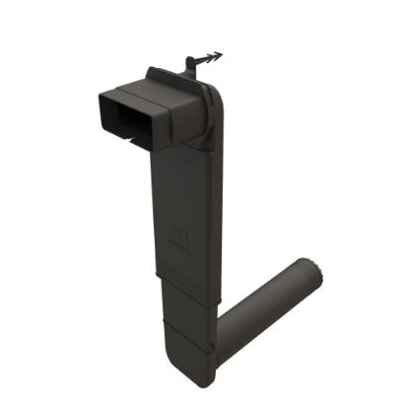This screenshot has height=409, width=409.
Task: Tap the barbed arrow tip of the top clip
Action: point(216,54)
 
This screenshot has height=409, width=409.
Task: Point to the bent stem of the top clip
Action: point(191,66)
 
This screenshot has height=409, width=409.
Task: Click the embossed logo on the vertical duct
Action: point(181,236)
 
